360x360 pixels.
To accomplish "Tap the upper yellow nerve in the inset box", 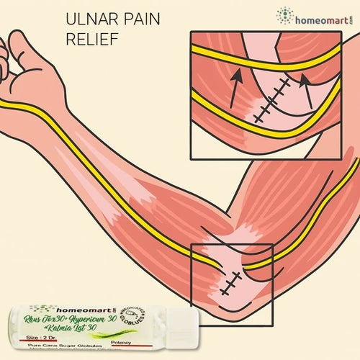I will [274, 65].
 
